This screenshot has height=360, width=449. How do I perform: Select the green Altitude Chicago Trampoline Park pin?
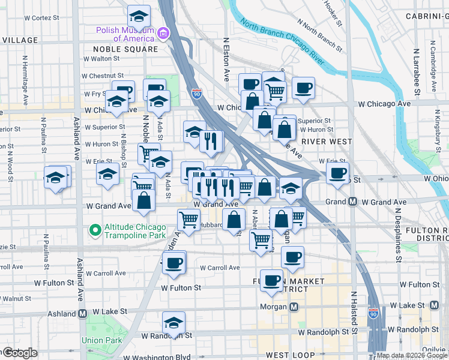click(94, 230)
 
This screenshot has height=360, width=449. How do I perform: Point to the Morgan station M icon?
click(294, 307)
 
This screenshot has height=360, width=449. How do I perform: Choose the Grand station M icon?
click(353, 202)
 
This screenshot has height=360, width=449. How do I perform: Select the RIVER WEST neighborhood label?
click(324, 141)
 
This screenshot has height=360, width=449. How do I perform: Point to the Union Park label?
click(98, 340)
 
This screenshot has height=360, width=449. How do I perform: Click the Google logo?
click(19, 353)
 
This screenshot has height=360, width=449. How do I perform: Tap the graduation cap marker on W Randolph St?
click(173, 323)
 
